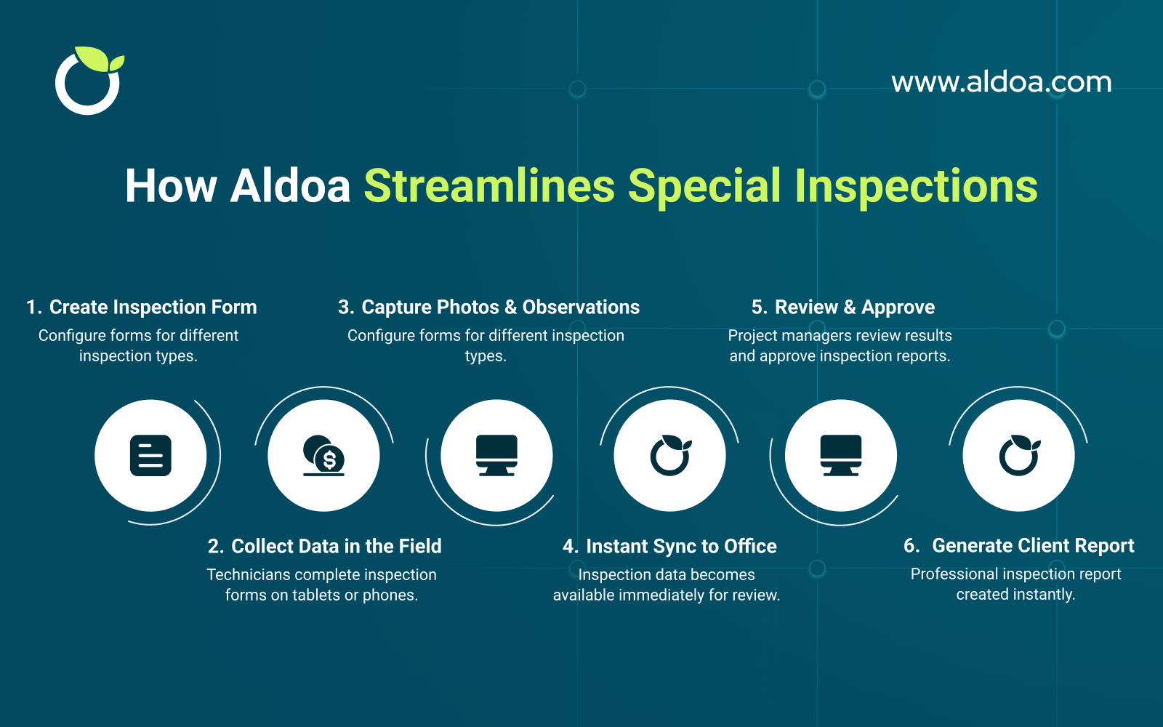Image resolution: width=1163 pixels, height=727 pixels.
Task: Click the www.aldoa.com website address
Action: (1001, 82)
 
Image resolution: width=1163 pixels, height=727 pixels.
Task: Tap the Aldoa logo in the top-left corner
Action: (89, 81)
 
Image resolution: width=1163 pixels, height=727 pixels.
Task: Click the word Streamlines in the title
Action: (489, 186)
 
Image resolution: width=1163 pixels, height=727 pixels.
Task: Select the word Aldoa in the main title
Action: (290, 186)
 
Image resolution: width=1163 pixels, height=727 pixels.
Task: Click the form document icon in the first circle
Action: (150, 456)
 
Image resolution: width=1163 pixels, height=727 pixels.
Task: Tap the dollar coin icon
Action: (324, 456)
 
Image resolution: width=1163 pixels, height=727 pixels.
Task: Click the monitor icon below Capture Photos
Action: (496, 456)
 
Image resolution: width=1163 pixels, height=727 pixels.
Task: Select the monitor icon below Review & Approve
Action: (841, 456)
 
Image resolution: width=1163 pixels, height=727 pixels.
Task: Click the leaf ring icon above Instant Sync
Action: (669, 456)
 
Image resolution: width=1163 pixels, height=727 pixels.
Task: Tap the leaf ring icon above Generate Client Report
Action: (1018, 456)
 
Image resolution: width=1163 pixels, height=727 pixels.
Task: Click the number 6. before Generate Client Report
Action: (912, 546)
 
